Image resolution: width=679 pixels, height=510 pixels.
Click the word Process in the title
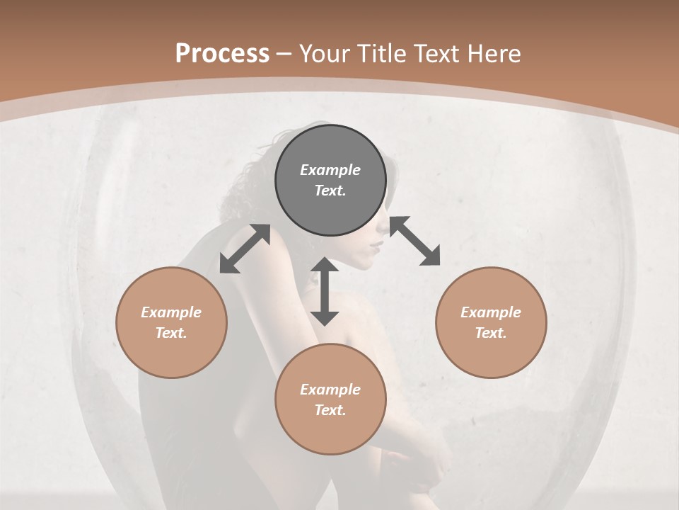pos(222,54)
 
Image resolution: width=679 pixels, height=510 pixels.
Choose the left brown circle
pos(171,322)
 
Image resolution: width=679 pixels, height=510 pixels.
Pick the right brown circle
pos(491,322)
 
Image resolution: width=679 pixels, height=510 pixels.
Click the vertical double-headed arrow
pos(325,291)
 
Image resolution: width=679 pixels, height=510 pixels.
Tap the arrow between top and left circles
pos(245,249)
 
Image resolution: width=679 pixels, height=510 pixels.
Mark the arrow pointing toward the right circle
pos(414,241)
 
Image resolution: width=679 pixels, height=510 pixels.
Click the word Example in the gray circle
pos(330,170)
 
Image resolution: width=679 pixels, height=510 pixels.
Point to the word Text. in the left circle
pos(171,333)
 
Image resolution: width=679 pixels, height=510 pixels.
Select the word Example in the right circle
pos(491,312)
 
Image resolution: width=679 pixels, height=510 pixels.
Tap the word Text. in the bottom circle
pos(330,410)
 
